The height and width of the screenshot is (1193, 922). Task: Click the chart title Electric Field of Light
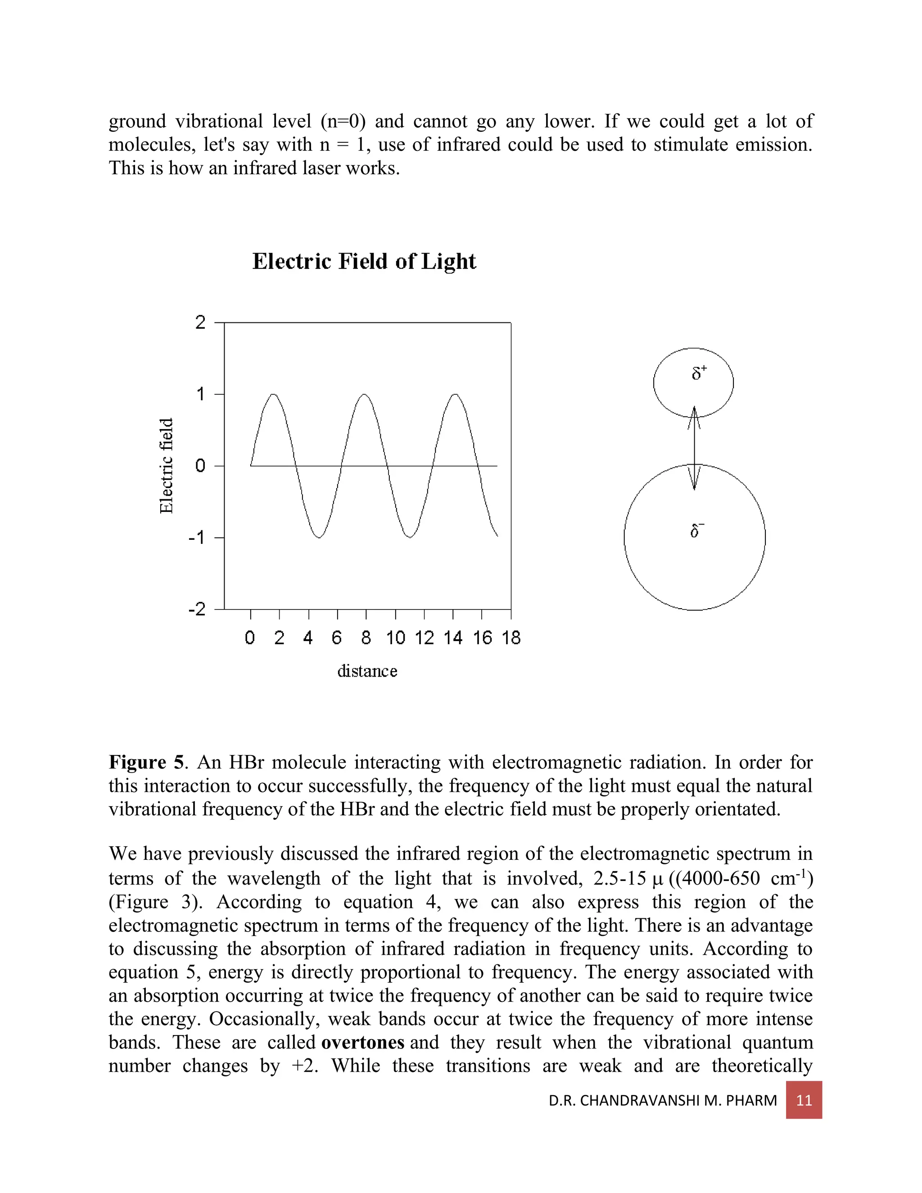point(364,262)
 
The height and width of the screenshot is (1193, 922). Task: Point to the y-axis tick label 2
point(200,323)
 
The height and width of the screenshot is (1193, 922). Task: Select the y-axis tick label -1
point(197,538)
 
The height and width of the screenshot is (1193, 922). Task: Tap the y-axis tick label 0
point(200,466)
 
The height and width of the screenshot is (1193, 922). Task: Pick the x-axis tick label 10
point(395,638)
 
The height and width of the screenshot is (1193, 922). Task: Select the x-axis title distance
point(367,671)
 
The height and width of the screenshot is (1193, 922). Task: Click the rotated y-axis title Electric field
point(166,466)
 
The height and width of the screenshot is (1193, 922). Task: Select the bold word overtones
point(363,1042)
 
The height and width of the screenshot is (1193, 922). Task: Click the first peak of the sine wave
point(274,394)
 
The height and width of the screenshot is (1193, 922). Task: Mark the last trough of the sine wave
point(410,537)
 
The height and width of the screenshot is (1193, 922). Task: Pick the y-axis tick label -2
point(197,609)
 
